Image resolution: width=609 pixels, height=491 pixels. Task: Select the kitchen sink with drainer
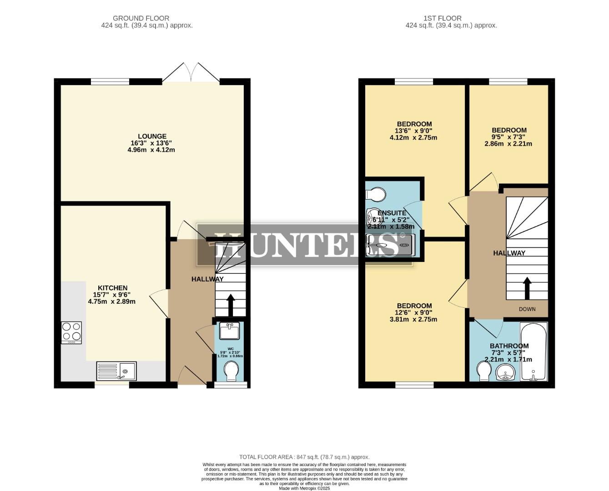(116, 371)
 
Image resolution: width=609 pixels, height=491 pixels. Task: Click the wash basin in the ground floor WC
(229, 331)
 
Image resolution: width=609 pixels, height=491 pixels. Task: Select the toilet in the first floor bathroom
(483, 371)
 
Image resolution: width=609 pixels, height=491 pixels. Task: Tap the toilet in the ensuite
(376, 195)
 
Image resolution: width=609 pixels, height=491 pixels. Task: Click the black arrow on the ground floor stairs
(230, 305)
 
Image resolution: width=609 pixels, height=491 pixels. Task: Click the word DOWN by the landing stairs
(527, 309)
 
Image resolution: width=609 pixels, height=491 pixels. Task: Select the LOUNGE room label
(152, 136)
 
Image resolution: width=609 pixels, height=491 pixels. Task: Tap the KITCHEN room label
(112, 288)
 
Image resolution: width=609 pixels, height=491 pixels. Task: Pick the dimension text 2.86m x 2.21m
(508, 144)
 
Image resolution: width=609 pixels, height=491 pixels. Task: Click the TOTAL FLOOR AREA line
(304, 457)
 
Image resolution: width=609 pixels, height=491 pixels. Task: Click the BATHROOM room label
(509, 346)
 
